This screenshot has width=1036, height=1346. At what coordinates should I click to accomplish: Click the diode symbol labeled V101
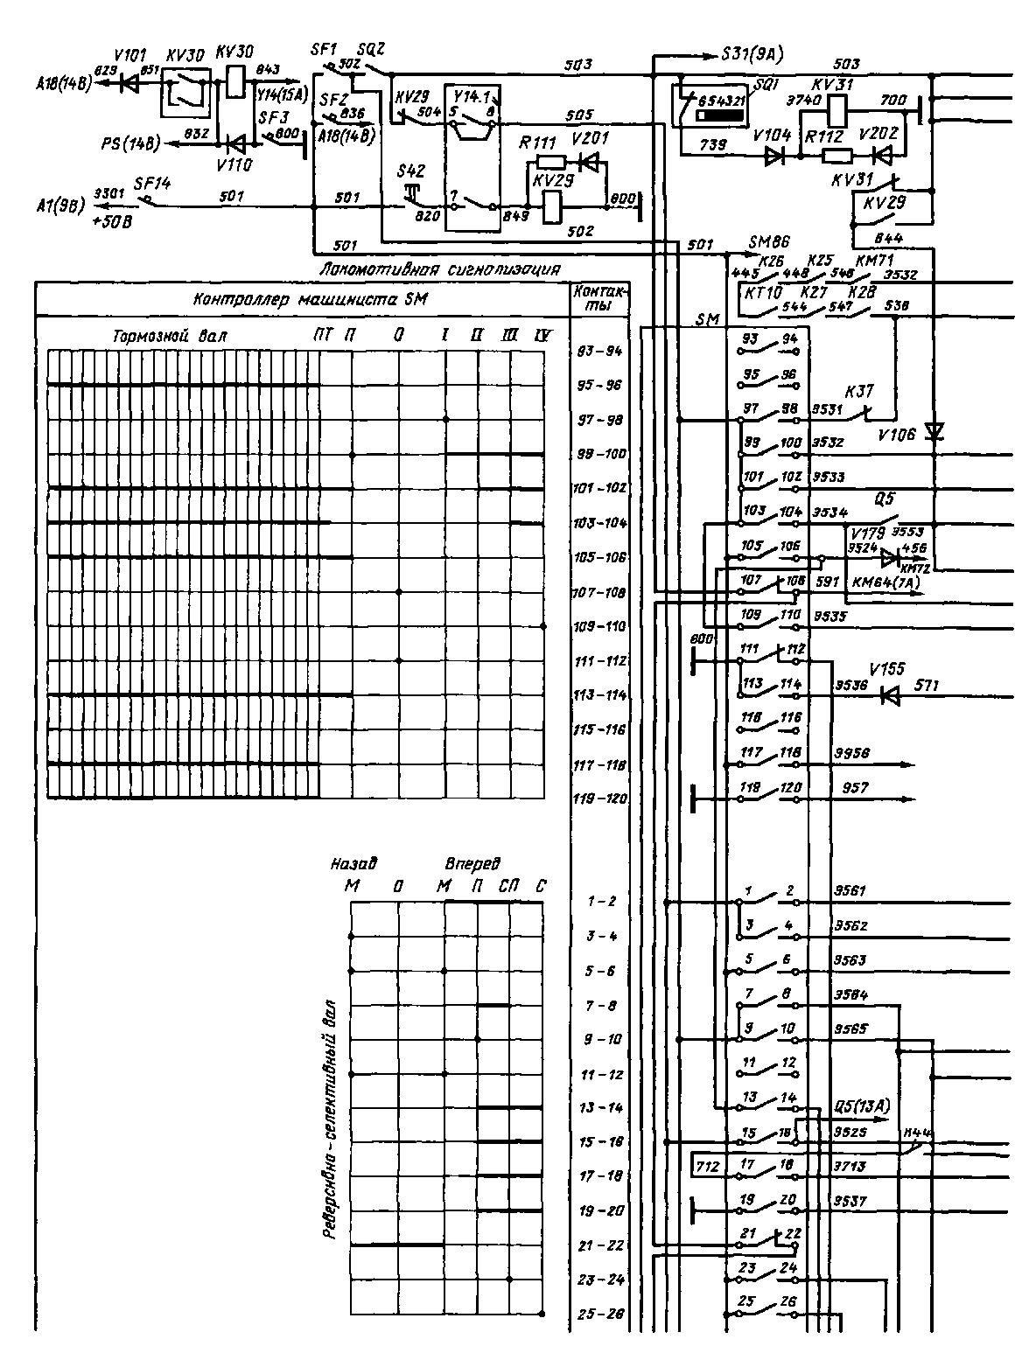[129, 85]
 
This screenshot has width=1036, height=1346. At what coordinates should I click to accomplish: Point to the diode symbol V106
[934, 432]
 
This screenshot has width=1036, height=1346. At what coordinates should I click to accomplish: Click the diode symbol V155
[891, 696]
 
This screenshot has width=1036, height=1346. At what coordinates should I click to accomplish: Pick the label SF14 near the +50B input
[152, 184]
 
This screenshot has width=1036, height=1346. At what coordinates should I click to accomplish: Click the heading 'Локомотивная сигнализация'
[440, 269]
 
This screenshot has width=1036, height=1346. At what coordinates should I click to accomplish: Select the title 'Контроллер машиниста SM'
[310, 300]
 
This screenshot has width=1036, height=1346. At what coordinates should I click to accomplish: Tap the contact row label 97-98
[600, 421]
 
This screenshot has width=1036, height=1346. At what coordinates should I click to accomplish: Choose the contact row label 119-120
[600, 799]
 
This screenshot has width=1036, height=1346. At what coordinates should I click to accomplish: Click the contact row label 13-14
[600, 1108]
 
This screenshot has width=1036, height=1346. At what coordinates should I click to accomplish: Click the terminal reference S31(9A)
[752, 54]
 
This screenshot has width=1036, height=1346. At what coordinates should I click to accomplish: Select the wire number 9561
[850, 891]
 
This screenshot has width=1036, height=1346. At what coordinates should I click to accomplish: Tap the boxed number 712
[707, 1166]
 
